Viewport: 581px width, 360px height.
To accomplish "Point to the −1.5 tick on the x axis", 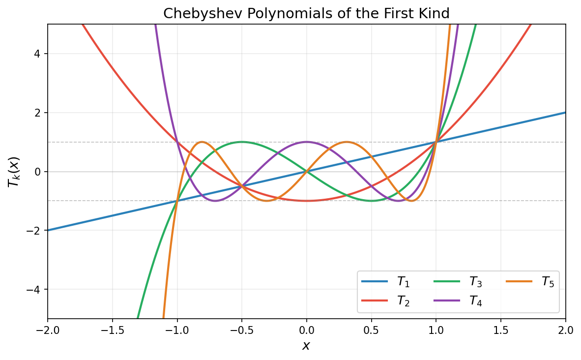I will point(113,329).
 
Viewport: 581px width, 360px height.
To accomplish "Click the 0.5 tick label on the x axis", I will point(371,329).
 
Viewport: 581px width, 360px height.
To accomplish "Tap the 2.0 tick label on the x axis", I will point(565,329).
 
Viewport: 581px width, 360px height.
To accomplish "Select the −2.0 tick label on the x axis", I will point(48,329).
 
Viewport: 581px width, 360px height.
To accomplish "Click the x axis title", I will point(306,346).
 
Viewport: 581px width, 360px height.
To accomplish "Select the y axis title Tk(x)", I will point(14,171).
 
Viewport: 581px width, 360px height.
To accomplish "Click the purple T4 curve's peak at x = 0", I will point(307,142).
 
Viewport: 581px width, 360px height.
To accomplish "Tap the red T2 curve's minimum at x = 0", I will point(307,201).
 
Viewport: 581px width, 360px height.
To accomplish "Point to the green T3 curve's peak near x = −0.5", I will point(242,142).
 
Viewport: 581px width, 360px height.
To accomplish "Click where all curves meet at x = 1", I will point(436,142).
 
